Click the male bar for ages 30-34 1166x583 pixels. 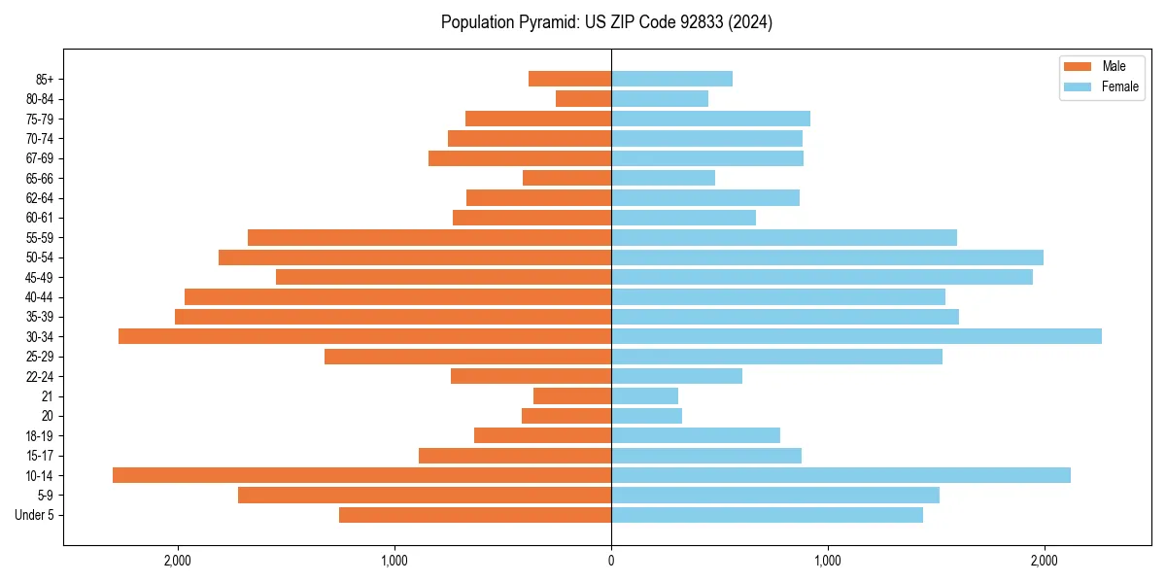tap(364, 336)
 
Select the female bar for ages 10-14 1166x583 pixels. tap(840, 475)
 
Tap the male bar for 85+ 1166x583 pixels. tap(569, 79)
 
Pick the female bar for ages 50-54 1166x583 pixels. tap(827, 257)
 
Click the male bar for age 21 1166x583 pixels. tap(572, 395)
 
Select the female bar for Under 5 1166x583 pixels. tap(767, 515)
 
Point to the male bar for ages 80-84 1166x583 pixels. tap(583, 98)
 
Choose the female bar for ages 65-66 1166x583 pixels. tap(663, 178)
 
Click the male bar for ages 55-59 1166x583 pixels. tap(429, 237)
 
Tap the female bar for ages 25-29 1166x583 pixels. tap(776, 357)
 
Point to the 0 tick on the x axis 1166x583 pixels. tap(611, 561)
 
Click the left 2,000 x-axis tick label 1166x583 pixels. tap(177, 561)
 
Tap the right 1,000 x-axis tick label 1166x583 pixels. tap(828, 561)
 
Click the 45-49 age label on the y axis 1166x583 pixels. tap(40, 277)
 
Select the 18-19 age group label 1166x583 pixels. tap(40, 435)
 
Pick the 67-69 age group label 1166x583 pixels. tap(40, 158)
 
